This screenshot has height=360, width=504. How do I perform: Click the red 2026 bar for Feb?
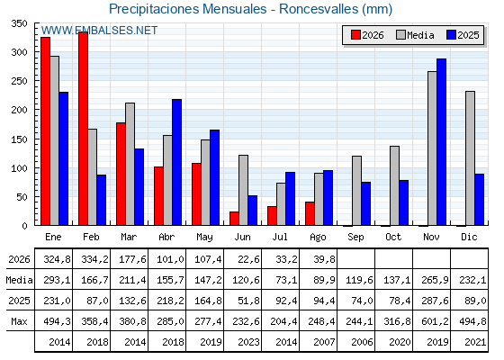(x=83, y=129)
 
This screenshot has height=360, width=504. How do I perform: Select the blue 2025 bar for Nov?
(x=441, y=142)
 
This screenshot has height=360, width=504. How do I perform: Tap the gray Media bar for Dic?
(x=470, y=158)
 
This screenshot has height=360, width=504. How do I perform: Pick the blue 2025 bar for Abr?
(x=176, y=162)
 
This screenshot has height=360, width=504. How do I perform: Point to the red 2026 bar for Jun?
(x=234, y=219)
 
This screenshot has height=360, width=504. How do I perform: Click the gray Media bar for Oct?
(x=395, y=185)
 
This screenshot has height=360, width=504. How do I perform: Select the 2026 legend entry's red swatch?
(x=355, y=35)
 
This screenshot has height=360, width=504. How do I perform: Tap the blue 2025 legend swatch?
(x=451, y=35)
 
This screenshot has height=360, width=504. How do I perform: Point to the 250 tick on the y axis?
(x=19, y=81)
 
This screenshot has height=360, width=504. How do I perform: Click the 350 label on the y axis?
(x=19, y=23)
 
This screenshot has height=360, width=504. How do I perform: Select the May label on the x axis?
(x=204, y=238)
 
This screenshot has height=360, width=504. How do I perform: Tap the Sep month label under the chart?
(x=355, y=238)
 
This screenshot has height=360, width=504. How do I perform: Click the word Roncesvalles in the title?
(x=319, y=9)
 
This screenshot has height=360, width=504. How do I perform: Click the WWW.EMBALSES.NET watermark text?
(x=99, y=31)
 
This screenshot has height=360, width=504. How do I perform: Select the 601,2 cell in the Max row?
(x=436, y=321)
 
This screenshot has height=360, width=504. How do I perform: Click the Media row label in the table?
(x=19, y=280)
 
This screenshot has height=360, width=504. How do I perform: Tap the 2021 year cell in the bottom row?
(x=475, y=342)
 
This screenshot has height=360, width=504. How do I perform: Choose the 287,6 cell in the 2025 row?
(x=436, y=301)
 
